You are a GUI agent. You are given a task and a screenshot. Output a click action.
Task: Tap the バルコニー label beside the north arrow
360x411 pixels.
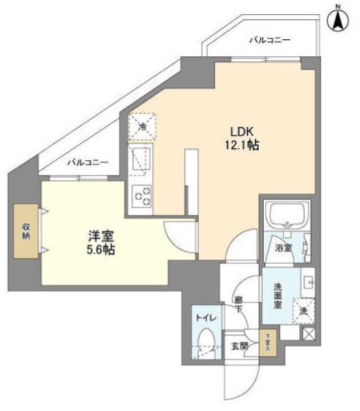(x=270, y=40)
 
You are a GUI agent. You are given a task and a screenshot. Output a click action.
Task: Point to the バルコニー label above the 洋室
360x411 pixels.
(x=88, y=162)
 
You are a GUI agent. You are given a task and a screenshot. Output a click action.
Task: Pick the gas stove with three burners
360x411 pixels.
(x=141, y=195)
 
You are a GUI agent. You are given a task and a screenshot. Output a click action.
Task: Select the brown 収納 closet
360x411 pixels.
(x=26, y=231)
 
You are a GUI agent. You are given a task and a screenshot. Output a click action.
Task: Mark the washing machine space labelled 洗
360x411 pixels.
(x=303, y=312)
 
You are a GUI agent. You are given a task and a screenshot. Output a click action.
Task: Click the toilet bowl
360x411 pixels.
(x=206, y=340)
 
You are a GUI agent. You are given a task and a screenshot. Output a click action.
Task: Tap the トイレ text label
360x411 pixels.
(x=205, y=317)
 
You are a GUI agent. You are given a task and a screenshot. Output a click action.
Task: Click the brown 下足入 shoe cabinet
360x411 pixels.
(x=267, y=341)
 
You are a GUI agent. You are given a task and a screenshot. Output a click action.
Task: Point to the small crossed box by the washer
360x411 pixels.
(x=309, y=334)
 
